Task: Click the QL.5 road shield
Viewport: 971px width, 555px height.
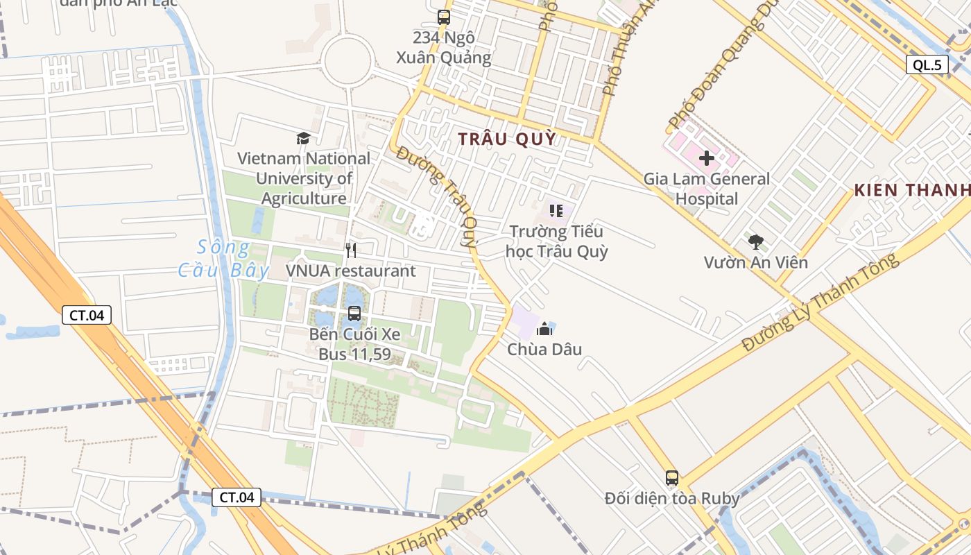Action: [927, 65]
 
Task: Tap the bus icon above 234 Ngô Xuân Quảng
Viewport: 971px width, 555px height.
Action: [443, 17]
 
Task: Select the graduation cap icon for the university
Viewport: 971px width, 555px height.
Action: [302, 138]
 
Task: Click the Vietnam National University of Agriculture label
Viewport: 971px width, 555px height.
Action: [304, 178]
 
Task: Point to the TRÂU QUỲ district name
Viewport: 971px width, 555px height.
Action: [507, 139]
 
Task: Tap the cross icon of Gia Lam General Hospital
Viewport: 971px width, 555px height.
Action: [707, 158]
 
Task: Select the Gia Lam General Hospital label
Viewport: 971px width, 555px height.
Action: [707, 189]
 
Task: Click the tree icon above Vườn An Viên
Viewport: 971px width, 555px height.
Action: [755, 242]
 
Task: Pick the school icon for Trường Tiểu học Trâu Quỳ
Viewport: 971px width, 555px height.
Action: [556, 210]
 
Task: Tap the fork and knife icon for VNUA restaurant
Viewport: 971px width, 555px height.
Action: [351, 250]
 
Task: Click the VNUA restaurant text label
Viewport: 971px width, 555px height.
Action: [351, 271]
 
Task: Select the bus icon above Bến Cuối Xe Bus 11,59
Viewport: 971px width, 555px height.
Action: [354, 314]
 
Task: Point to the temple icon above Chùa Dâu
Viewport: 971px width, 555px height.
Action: [544, 328]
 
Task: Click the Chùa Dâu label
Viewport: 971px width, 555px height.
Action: [544, 349]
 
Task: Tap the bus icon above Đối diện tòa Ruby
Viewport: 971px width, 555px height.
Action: [671, 477]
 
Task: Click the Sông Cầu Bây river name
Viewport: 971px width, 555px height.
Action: [223, 258]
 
